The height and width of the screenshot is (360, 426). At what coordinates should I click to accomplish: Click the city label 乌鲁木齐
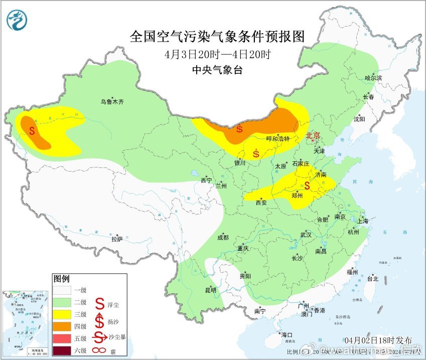tap(111, 102)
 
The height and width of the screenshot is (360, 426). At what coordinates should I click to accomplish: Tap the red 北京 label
tap(313, 135)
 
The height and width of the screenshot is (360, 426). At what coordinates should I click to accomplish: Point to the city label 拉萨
tap(116, 239)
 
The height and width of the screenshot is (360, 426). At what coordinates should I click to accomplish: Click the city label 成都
tap(223, 238)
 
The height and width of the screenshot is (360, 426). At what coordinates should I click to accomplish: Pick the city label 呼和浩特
tap(277, 139)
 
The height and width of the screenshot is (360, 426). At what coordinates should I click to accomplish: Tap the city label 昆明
tap(211, 290)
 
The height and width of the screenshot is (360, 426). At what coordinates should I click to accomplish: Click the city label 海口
tap(287, 335)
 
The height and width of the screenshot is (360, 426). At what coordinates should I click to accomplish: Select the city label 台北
tap(372, 279)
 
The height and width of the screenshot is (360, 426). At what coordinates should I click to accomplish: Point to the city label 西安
tap(261, 203)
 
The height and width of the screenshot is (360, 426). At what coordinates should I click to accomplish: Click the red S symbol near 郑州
tap(307, 186)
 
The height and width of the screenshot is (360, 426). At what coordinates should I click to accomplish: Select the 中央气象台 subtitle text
tap(217, 70)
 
